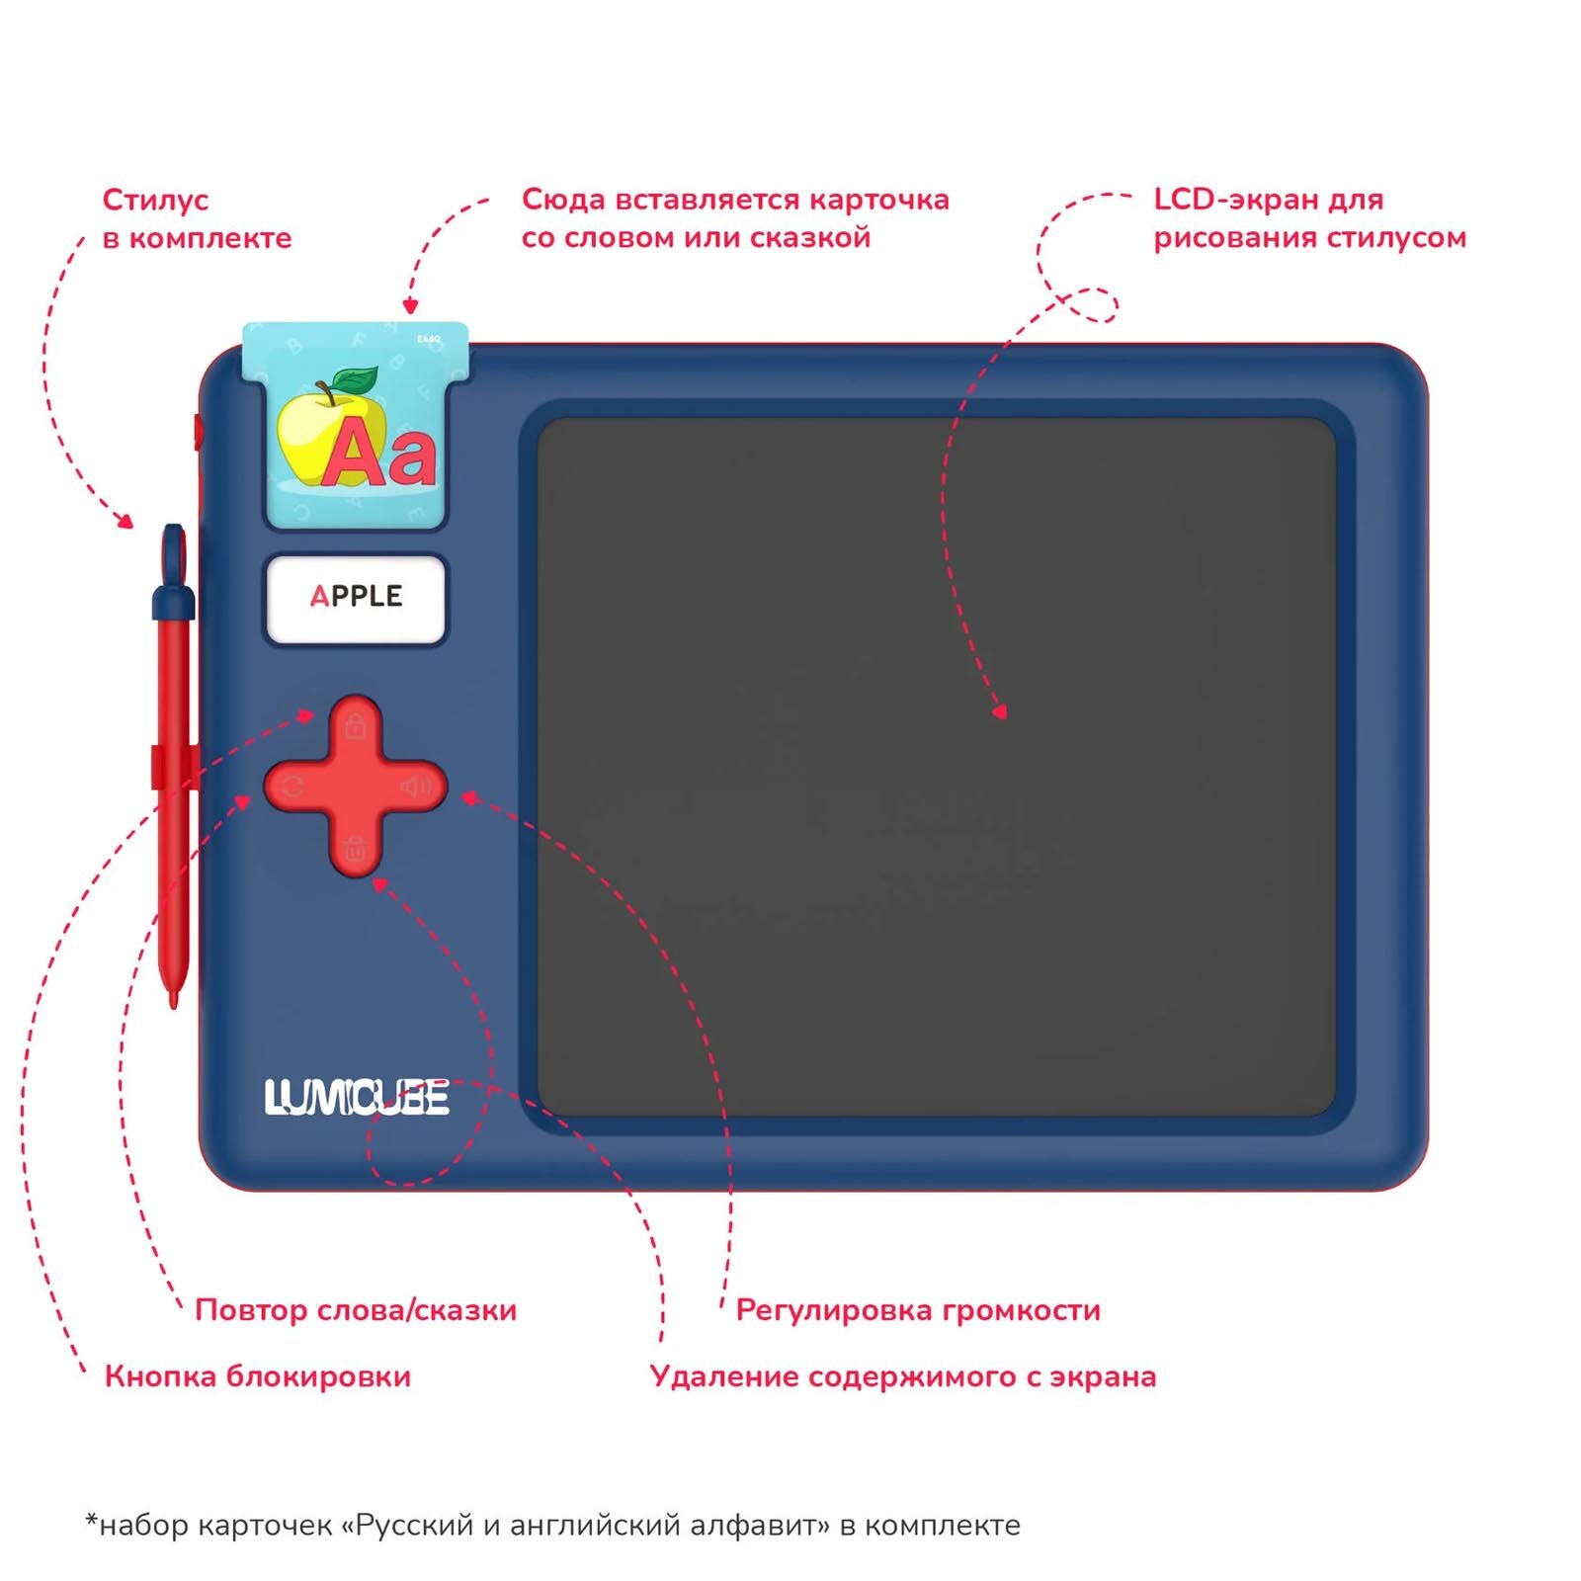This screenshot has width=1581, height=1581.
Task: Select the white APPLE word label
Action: pos(356,598)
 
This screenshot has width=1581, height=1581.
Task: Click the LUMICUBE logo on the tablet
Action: pos(357,1098)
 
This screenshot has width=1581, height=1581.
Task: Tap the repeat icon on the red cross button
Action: pos(293,788)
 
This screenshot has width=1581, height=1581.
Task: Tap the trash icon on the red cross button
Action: pos(356,848)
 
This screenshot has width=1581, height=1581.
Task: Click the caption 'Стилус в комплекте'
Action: pos(197,218)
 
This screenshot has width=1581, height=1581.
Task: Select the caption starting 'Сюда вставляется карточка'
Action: pos(735,218)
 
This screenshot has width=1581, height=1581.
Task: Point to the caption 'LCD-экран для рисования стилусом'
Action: pos(1309,218)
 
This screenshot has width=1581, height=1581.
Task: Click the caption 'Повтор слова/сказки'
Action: pos(356,1310)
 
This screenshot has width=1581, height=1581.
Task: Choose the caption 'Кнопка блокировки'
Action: pos(258,1376)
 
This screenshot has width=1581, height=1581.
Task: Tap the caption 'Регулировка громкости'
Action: pos(918,1310)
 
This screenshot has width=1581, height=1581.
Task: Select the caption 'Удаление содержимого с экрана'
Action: pos(903,1376)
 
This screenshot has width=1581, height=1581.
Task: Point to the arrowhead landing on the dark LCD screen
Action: pos(1000,710)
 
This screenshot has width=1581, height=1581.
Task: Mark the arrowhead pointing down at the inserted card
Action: pos(410,307)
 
